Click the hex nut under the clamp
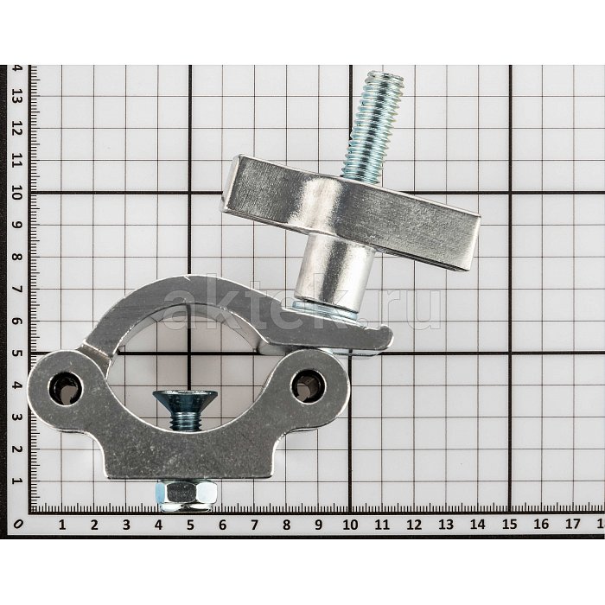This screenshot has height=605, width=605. coord(186,495)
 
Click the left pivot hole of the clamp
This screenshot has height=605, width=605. coord(66,388)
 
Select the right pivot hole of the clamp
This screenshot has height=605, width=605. coord(309,386)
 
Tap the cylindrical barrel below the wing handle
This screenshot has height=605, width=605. coord(334,269)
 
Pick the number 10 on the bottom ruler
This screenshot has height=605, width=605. coord(350,525)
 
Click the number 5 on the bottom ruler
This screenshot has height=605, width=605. coord(190,525)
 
